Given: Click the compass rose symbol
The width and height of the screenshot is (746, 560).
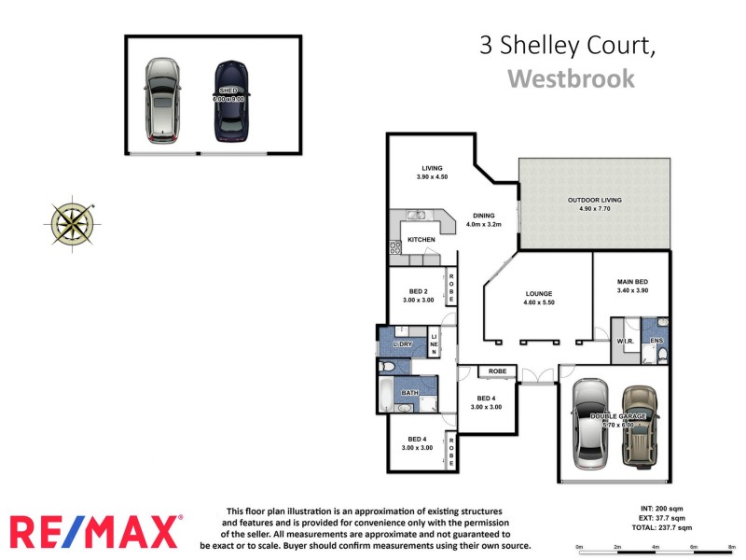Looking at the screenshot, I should point(71,222).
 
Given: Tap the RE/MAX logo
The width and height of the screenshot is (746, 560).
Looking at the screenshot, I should point(95,531).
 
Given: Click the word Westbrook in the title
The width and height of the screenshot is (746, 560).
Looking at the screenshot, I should point(571,77).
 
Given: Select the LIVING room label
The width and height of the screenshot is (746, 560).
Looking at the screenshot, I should point(432,168).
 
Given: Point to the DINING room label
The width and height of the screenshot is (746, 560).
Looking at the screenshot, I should point(483,216).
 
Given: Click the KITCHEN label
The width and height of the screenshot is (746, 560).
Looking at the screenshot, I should point(421,240).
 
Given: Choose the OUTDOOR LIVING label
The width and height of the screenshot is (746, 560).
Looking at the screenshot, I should point(594,200).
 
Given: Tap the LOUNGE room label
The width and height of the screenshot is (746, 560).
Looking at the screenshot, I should point(539,293).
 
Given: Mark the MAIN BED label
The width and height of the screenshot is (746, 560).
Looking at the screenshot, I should point(633,282).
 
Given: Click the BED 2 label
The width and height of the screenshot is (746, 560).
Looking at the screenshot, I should point(418,291).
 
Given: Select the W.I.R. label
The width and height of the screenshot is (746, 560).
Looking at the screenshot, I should point(625,342).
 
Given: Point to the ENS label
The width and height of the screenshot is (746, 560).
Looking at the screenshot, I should point(656,342).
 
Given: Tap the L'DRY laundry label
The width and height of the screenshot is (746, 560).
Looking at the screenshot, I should point(403,344).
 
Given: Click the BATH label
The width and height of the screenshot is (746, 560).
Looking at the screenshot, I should point(409,393).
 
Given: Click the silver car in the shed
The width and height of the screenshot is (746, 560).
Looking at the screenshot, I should point(162,100).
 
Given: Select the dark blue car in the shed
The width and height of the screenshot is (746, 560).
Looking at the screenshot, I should point(230,101).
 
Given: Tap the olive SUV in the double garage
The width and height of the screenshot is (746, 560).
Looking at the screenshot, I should point(640,426).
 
